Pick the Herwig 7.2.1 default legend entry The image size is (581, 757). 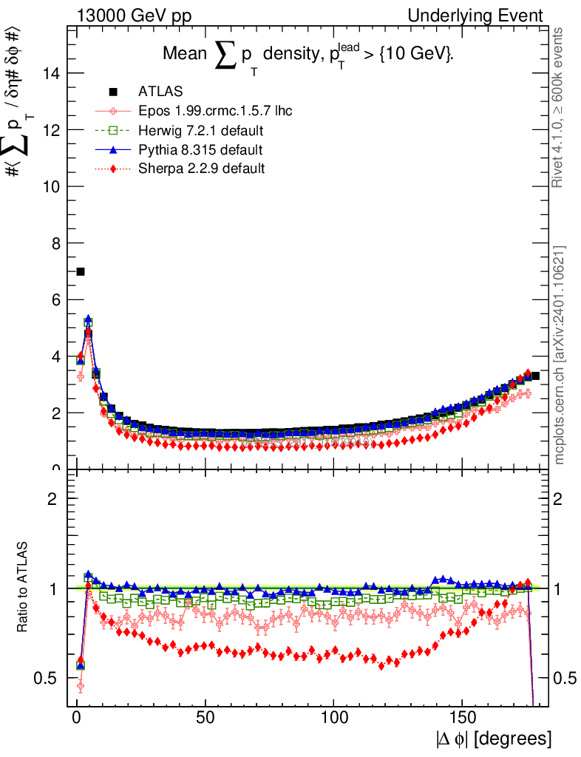201,131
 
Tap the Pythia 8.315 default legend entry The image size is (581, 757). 200,150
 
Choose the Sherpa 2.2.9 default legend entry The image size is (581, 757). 202,169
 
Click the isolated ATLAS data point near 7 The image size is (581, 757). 81,271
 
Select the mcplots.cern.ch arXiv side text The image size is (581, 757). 560,355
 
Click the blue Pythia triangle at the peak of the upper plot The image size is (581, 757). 89,319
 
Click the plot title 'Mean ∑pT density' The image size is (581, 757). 308,55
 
